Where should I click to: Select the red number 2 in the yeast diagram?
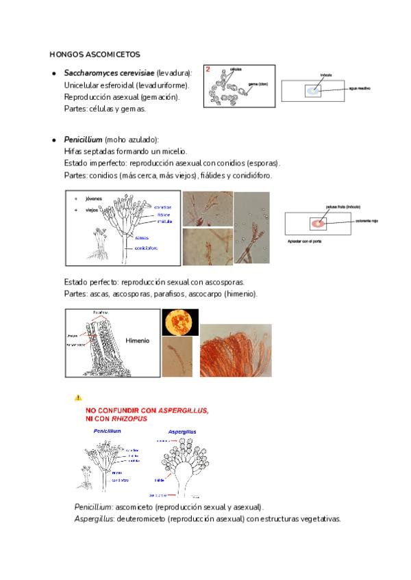tap(208, 69)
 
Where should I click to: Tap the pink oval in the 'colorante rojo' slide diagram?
tap(318, 223)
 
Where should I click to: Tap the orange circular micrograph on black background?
tap(179, 322)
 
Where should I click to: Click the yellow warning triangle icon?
tap(78, 397)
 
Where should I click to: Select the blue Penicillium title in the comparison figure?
tap(107, 432)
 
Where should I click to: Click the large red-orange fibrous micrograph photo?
tap(235, 350)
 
